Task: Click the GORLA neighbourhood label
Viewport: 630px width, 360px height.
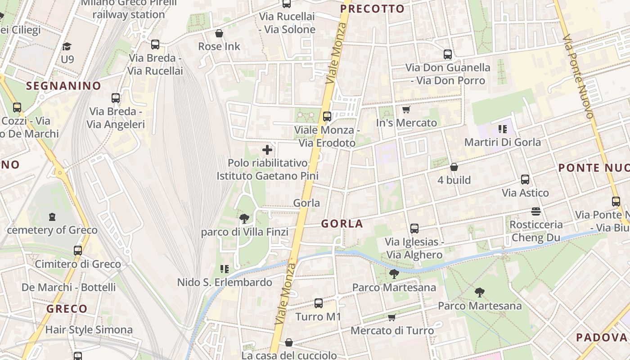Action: tap(342, 224)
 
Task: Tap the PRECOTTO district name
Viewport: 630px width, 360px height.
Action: tap(372, 9)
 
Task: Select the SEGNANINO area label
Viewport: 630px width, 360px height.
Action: tap(63, 85)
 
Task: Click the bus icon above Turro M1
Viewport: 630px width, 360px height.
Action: tap(319, 303)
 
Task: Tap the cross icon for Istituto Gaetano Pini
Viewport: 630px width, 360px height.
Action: tap(267, 150)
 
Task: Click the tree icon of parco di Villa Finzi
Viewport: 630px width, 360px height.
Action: tap(244, 219)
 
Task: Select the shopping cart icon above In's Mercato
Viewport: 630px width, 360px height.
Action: tap(406, 109)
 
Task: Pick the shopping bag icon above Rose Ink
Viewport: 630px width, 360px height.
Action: tap(219, 33)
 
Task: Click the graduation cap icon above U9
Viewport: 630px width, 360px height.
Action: tap(67, 46)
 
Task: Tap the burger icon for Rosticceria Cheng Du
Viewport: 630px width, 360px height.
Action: tap(535, 211)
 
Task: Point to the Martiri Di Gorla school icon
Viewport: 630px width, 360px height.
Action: tap(503, 130)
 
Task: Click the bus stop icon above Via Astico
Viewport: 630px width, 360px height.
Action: tap(525, 180)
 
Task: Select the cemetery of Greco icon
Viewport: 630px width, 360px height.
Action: tap(52, 217)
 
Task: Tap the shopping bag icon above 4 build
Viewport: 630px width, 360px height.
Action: tap(454, 167)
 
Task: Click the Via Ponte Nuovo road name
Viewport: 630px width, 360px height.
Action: tap(578, 76)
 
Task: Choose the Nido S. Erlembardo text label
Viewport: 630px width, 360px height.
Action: tap(225, 283)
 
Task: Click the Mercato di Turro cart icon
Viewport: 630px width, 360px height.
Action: tap(392, 318)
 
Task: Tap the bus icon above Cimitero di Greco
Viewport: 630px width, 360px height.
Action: tap(78, 251)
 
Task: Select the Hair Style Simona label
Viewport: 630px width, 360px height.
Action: tap(89, 330)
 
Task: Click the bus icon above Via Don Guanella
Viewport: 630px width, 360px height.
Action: tap(448, 54)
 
